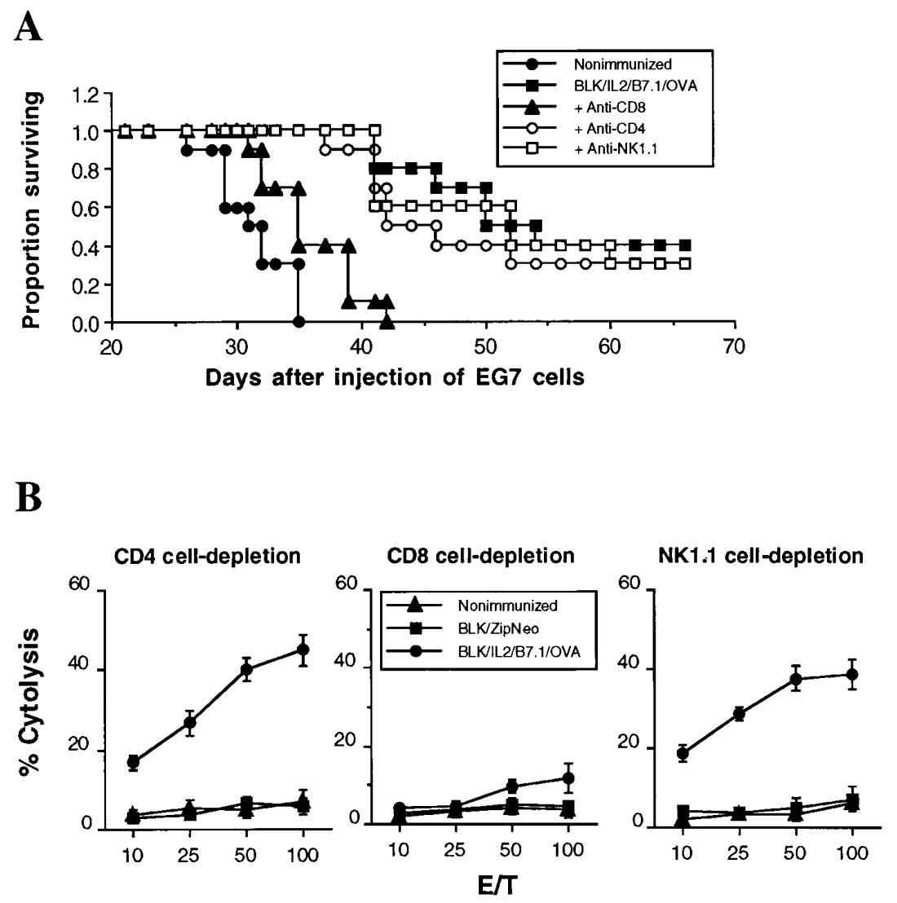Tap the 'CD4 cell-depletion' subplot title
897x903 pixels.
click(208, 556)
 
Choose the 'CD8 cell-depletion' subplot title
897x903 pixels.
click(482, 556)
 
